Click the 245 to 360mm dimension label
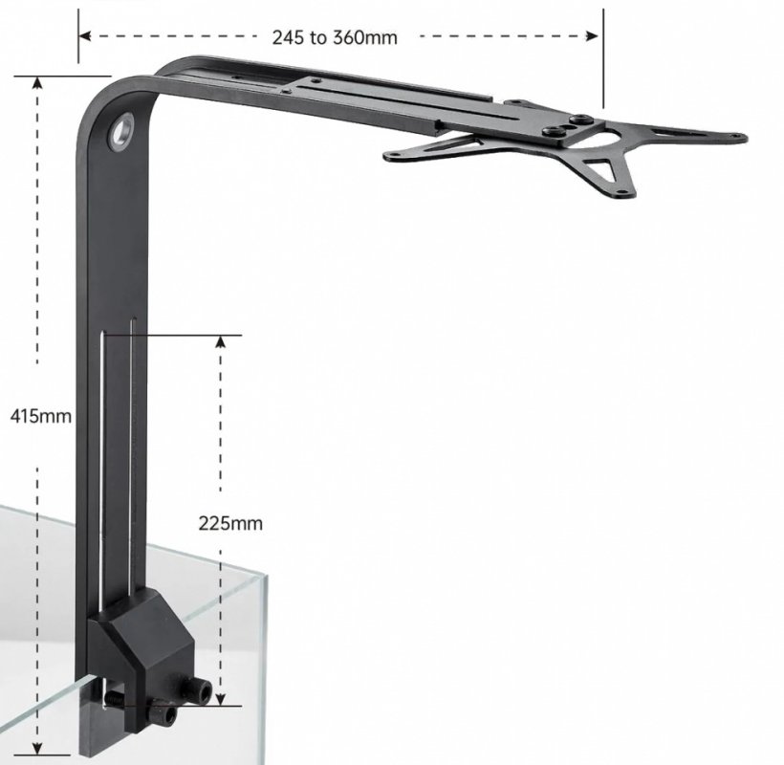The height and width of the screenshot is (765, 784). point(335,37)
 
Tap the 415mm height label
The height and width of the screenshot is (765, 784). point(40,416)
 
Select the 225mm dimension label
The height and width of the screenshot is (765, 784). point(230,523)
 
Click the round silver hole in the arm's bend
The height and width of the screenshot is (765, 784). point(121,132)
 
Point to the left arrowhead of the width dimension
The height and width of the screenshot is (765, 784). point(85,36)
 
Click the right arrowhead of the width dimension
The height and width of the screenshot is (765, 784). point(592,36)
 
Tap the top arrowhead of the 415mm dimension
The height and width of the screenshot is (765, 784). point(37,82)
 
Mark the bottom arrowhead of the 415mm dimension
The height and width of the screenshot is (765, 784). point(37,748)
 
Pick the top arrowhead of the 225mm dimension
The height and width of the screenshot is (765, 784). point(221,341)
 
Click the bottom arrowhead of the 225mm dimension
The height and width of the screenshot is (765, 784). point(221,700)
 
